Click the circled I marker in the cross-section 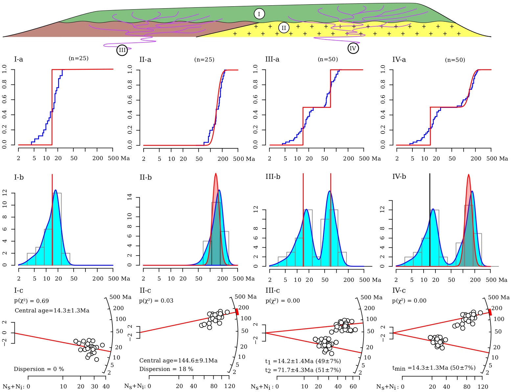259,14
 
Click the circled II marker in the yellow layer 284,28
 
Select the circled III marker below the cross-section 122,50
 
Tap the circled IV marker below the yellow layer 353,49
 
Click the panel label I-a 18,60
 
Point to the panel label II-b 146,178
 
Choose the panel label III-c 272,291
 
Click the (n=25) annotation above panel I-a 79,59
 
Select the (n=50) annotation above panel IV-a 455,60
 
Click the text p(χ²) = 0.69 32,301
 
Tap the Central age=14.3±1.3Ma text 52,310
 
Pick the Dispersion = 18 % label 166,369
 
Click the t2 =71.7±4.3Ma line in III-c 303,370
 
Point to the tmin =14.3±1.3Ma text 434,368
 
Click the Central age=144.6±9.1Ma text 178,360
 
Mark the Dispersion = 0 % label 39,369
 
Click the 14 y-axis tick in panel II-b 130,197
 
